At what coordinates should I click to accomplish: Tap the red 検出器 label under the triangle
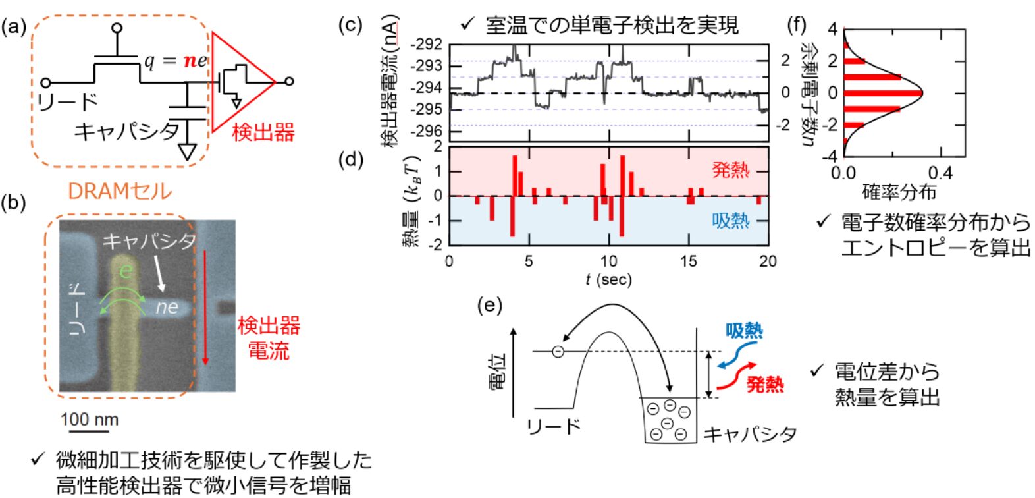click(263, 132)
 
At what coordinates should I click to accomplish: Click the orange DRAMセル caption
click(119, 192)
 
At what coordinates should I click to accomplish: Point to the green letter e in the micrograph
click(125, 270)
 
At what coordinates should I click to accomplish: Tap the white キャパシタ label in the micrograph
click(149, 241)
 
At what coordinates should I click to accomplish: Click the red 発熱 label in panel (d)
click(730, 170)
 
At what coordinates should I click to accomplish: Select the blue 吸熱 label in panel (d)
click(730, 220)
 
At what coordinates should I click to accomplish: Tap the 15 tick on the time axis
click(689, 262)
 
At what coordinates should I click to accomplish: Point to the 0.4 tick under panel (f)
click(940, 173)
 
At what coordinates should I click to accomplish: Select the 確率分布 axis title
click(899, 192)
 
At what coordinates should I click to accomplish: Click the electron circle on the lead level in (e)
click(557, 352)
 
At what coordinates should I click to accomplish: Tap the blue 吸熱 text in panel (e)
click(744, 331)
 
